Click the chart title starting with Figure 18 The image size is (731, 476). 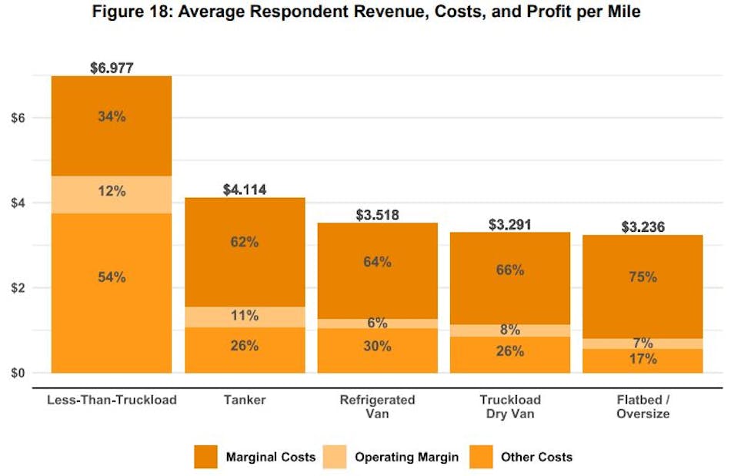366,12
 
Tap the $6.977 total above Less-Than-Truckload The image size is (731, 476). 112,68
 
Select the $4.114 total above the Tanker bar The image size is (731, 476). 245,189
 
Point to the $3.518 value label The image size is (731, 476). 377,215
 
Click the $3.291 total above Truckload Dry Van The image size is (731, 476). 509,225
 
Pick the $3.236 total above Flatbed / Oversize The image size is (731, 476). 643,227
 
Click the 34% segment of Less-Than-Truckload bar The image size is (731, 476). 112,117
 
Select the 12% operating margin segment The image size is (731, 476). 112,191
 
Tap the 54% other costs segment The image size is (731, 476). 112,277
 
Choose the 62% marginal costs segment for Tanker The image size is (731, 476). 245,242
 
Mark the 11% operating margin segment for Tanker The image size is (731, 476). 245,316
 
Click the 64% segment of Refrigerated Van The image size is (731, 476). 377,262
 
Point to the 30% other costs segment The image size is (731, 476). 377,347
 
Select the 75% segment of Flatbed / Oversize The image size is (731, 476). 643,277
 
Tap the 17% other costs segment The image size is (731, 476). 643,360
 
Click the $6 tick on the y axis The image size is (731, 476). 19,118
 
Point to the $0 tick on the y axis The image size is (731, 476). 19,374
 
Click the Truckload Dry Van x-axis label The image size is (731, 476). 509,407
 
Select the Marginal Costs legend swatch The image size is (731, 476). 205,457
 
